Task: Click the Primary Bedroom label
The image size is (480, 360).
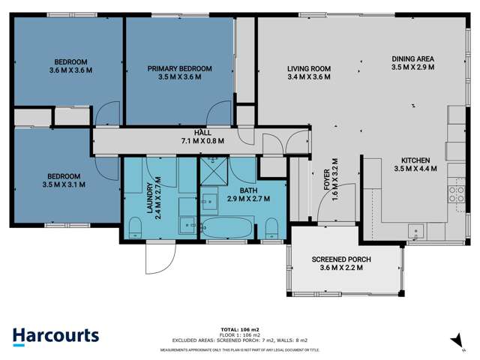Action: click(x=179, y=69)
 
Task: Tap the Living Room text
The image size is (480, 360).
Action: click(x=308, y=69)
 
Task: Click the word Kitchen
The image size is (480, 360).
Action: click(x=415, y=160)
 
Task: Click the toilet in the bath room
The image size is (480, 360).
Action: click(x=272, y=228)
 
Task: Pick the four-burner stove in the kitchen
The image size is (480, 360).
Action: click(x=456, y=194)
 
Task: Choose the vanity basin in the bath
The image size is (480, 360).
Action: click(x=209, y=200)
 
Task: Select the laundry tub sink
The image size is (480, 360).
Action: click(x=187, y=223)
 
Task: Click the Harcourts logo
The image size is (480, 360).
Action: click(x=56, y=336)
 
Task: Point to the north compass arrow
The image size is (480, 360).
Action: click(x=454, y=341)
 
